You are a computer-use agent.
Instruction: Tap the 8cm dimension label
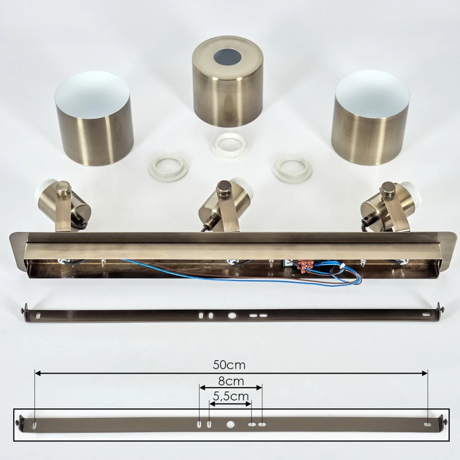click(x=231, y=381)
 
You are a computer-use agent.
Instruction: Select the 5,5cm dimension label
click(x=231, y=397)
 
